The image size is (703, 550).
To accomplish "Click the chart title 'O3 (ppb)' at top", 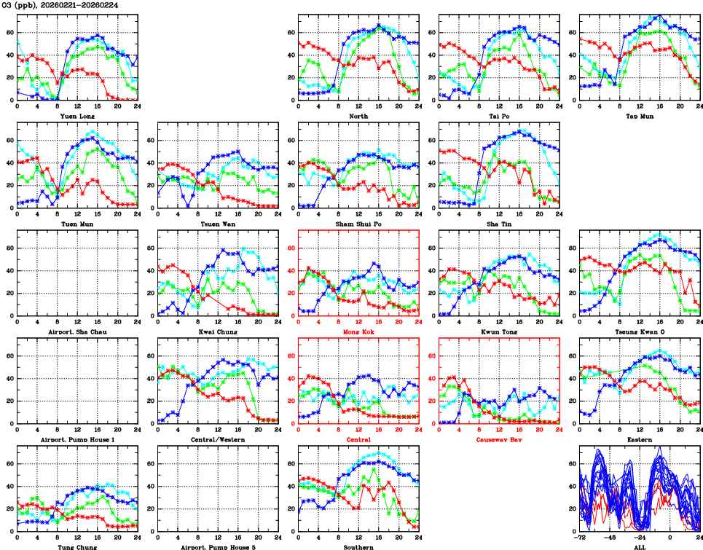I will tap(22, 5).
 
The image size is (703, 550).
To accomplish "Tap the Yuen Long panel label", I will tap(76, 115).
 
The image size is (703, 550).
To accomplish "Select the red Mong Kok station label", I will tap(358, 331).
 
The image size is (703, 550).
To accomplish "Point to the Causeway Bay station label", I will tap(498, 439).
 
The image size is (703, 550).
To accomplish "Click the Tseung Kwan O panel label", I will tap(638, 331).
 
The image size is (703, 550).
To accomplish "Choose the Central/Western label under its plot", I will tap(217, 439).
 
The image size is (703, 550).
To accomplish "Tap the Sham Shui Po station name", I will tap(358, 224).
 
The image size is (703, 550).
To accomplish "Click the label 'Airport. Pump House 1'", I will tap(76, 439).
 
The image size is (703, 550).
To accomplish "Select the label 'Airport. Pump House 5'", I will tap(217, 546).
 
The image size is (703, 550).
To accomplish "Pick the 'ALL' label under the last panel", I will tap(639, 546).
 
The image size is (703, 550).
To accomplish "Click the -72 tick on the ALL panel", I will tap(580, 539).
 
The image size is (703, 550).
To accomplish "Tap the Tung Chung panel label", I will tap(76, 546).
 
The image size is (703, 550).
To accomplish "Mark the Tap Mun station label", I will tap(638, 115).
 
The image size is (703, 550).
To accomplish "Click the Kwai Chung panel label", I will tap(217, 331).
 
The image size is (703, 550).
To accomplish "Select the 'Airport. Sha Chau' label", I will tap(76, 331).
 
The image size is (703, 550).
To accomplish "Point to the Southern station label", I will tap(358, 546).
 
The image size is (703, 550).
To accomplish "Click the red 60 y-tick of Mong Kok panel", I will tap(291, 248).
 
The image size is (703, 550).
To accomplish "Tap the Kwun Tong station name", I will tap(498, 331).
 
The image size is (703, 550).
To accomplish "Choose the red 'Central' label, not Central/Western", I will tap(358, 439).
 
